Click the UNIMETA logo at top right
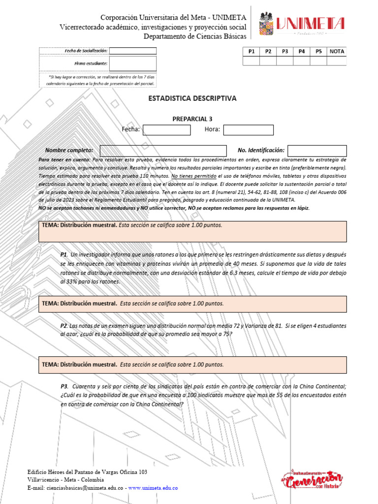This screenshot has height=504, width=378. pyautogui.click(x=302, y=23)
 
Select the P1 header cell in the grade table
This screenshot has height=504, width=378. pyautogui.click(x=251, y=51)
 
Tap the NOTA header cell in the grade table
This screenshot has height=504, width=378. pyautogui.click(x=337, y=51)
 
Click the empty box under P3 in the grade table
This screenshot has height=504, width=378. pyautogui.click(x=284, y=61)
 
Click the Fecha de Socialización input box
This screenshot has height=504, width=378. pyautogui.click(x=132, y=51)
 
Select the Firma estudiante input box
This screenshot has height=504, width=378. pyautogui.click(x=132, y=63)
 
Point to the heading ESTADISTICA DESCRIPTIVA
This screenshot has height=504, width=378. pyautogui.click(x=192, y=98)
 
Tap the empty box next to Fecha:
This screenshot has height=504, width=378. pyautogui.click(x=166, y=130)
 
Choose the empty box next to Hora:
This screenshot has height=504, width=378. pyautogui.click(x=248, y=130)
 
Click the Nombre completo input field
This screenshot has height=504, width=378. pyautogui.click(x=163, y=151)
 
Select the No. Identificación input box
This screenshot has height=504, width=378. pyautogui.click(x=317, y=151)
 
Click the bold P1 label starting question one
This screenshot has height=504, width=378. pyautogui.click(x=63, y=255)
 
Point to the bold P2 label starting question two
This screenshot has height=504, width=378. pyautogui.click(x=63, y=326)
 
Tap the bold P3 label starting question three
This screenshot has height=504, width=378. pyautogui.click(x=63, y=386)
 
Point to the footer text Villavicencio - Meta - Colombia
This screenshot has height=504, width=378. pyautogui.click(x=65, y=480)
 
